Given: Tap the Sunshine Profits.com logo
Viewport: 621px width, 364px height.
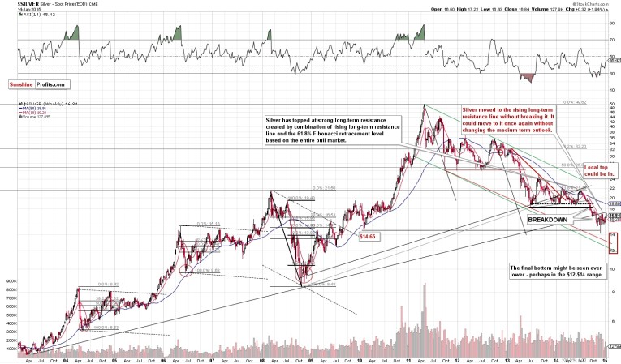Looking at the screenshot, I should [x=39, y=84].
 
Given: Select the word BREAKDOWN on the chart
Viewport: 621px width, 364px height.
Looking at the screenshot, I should [x=549, y=220].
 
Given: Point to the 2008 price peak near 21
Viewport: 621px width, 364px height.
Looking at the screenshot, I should [x=271, y=192].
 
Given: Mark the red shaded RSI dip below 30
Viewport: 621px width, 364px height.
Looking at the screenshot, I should [x=528, y=78].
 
